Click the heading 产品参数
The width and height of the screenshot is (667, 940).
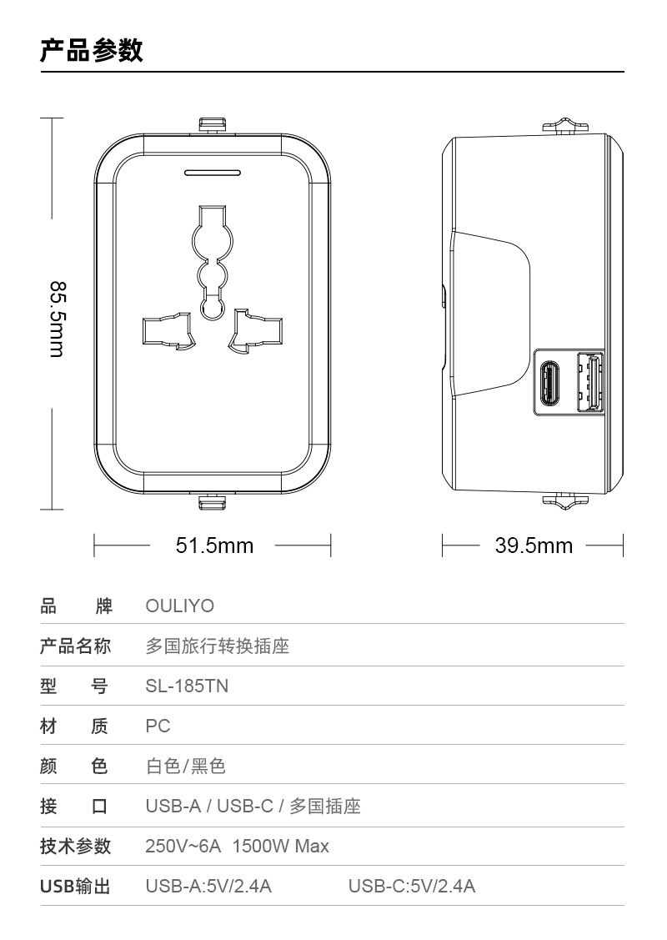(92, 50)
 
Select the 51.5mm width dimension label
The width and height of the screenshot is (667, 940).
(214, 545)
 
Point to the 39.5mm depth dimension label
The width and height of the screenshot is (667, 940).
(534, 545)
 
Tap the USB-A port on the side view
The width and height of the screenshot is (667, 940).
(590, 383)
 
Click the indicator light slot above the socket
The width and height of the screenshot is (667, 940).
(213, 173)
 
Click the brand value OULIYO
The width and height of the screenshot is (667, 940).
(179, 606)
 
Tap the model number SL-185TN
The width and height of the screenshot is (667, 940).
(187, 686)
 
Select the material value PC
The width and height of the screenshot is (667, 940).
(158, 726)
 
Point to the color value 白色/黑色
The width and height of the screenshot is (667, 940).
(186, 766)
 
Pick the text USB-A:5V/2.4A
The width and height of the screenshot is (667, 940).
(208, 886)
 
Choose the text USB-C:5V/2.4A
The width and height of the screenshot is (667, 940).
(412, 886)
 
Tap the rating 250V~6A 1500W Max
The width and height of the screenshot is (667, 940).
(237, 847)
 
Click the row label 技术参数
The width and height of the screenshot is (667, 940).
(75, 847)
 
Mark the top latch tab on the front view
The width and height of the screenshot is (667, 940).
(212, 124)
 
